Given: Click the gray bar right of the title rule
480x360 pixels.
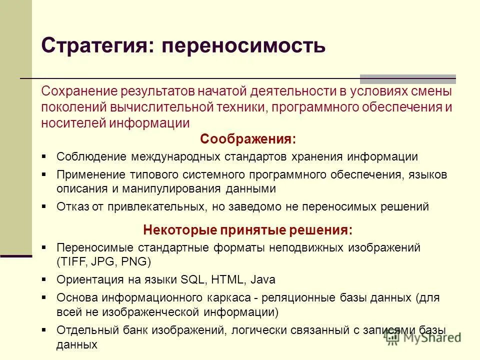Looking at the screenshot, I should pyautogui.click(x=408, y=78).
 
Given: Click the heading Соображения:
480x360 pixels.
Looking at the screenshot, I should pyautogui.click(x=247, y=138).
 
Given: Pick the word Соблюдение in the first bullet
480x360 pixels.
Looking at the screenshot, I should pyautogui.click(x=92, y=156).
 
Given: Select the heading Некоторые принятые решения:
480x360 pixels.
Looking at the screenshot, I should pyautogui.click(x=247, y=230).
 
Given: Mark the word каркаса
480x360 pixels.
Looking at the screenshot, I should pyautogui.click(x=235, y=297).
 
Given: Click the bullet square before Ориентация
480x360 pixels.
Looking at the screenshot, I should pyautogui.click(x=44, y=279).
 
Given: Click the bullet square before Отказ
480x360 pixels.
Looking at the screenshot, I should pyautogui.click(x=44, y=206).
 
